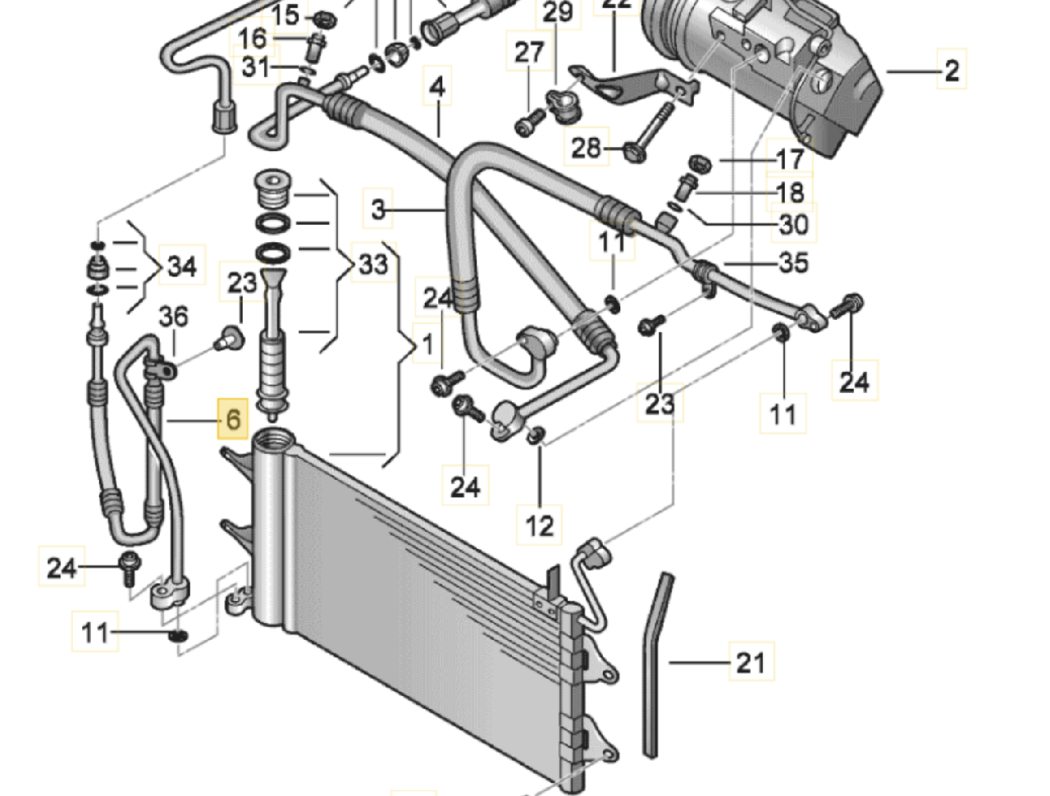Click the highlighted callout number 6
pos(233,420)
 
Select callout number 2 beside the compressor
pos(951,71)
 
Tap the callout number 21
pos(750,661)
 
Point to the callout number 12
pos(539,524)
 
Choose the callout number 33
pos(372,264)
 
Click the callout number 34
pos(182,266)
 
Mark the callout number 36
pos(173,316)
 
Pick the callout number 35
pos(792,263)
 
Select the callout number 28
pos(586,148)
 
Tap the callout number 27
pos(529,53)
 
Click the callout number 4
pos(437,86)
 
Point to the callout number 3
pos(377,209)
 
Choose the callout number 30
pos(792,224)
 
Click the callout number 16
pos(253,38)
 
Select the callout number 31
pos(255,66)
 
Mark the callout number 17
pos(789,159)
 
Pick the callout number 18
pos(789,192)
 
